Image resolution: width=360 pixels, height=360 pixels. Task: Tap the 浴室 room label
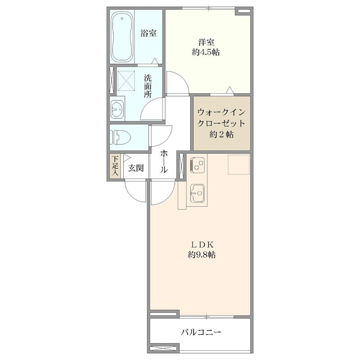point(148,33)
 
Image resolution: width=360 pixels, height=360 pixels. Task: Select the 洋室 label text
point(206,42)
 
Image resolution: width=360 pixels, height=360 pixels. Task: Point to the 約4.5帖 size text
point(206,53)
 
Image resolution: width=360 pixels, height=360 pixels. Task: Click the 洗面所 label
point(148,86)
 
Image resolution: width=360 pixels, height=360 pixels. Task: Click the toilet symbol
point(120,137)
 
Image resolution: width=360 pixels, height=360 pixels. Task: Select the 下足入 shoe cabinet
point(115,166)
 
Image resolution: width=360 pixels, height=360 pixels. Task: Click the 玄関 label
point(136,168)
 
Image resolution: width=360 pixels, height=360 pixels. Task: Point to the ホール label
point(164,161)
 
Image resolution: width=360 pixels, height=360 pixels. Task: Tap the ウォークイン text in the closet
point(221,112)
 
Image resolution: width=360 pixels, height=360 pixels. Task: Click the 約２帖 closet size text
point(221,134)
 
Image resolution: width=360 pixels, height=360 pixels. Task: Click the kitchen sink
point(197,193)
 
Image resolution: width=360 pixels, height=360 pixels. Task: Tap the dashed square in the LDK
point(238,165)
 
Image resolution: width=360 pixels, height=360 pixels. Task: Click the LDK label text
point(202,245)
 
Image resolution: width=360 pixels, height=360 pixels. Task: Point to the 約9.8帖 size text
point(202,255)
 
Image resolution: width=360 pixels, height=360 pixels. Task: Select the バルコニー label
point(201,332)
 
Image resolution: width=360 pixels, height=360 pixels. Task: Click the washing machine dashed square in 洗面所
point(126,81)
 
